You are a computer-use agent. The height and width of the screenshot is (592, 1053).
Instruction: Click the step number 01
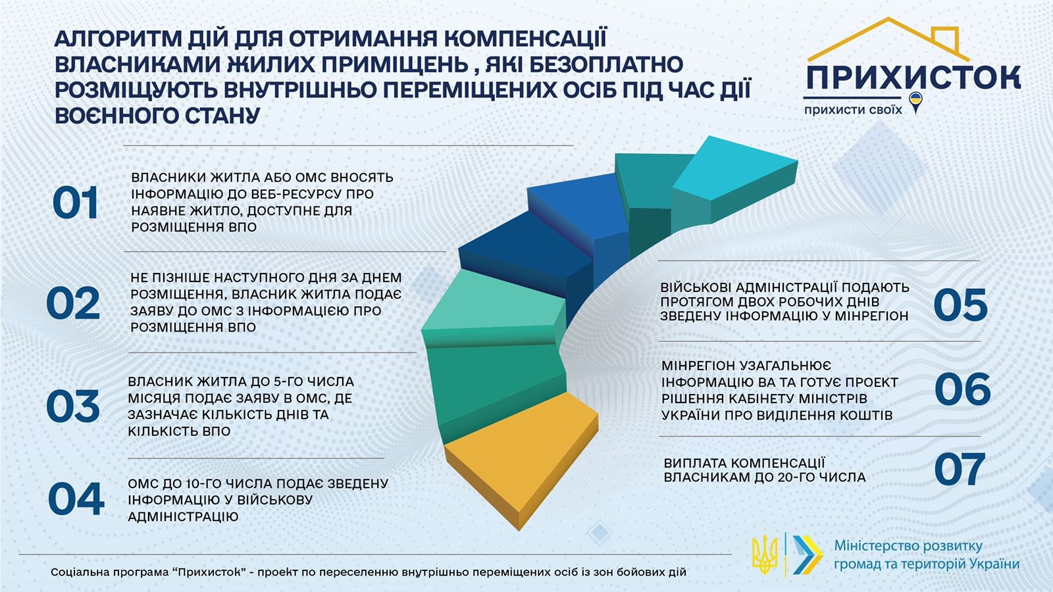75,203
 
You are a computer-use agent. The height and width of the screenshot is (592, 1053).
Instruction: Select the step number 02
73,303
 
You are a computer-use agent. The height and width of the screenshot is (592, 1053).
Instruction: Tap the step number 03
73,406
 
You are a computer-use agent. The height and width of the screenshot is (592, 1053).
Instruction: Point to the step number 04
76,499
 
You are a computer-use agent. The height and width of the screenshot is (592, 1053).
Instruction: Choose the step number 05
960,305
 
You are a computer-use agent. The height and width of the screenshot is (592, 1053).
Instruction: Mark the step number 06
962,389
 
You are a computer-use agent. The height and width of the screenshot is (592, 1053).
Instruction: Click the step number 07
960,469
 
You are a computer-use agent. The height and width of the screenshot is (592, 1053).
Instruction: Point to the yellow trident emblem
764,554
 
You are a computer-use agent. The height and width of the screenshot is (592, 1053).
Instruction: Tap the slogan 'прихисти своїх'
853,110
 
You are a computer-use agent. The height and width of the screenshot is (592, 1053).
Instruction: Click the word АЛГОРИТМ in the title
118,39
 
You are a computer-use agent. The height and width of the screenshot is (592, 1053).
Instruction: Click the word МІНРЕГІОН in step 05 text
871,316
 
